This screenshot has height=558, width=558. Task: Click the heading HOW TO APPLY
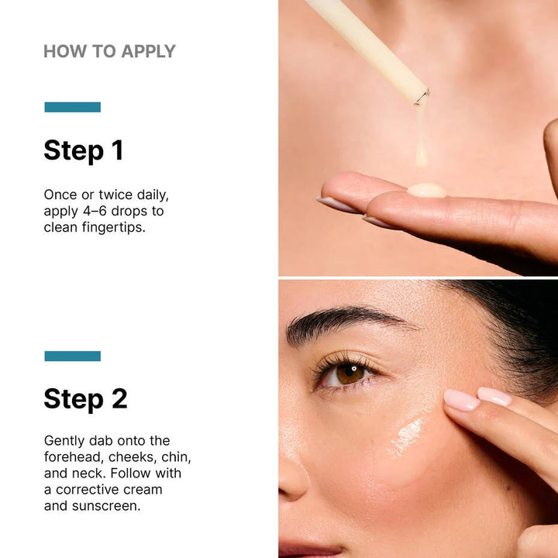[109, 52]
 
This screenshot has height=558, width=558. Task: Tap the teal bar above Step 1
[72, 107]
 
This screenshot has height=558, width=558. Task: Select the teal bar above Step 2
[72, 356]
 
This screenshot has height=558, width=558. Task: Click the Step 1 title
[83, 150]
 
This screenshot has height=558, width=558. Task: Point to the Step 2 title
[85, 399]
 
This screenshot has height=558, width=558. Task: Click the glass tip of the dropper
[421, 97]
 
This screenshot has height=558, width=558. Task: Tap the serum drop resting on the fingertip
[426, 189]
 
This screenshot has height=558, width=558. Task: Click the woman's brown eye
[350, 374]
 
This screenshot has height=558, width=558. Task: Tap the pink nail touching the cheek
[462, 401]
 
